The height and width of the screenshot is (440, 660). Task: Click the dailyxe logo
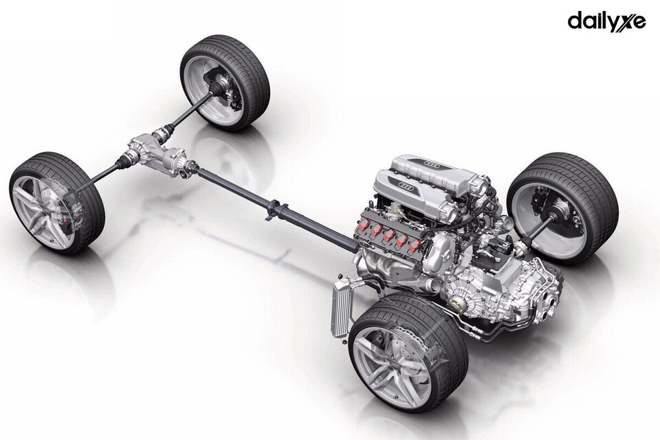point(606,21)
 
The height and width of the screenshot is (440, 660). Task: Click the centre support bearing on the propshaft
point(275,208)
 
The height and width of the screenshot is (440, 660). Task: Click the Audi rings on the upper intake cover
point(432,163)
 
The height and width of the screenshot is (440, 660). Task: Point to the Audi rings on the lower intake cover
point(406,185)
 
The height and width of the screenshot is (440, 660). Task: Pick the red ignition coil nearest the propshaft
point(364,226)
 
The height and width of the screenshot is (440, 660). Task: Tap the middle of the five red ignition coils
point(389,235)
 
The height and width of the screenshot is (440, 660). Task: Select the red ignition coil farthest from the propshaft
point(414,244)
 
